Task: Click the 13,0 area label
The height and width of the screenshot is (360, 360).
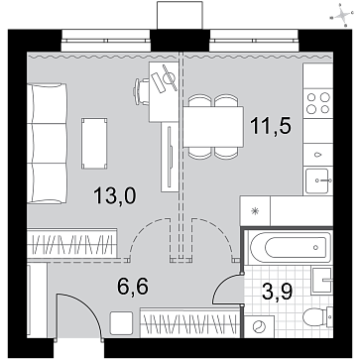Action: point(114,195)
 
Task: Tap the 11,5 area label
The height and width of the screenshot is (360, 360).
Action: point(271,126)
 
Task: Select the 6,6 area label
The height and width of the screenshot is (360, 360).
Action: point(133,286)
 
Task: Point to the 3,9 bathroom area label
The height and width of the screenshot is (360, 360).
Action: point(276,292)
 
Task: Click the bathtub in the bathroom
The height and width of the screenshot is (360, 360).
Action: point(290,247)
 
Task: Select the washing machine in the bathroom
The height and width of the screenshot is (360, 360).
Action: point(259,326)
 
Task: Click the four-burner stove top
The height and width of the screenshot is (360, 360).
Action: point(318,102)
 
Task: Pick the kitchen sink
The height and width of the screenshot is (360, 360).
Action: point(317,180)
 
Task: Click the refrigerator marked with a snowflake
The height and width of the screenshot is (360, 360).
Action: point(255,211)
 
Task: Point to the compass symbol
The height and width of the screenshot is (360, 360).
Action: point(343,15)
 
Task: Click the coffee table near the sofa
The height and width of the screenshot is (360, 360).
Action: point(94,143)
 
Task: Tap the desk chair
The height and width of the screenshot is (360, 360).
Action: point(141,91)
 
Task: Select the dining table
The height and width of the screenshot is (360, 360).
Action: point(213,127)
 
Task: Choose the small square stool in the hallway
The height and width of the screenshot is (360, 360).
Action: point(121,323)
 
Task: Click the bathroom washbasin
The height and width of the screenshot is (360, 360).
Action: point(322,281)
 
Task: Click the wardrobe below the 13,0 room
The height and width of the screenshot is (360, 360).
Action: point(72,243)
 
